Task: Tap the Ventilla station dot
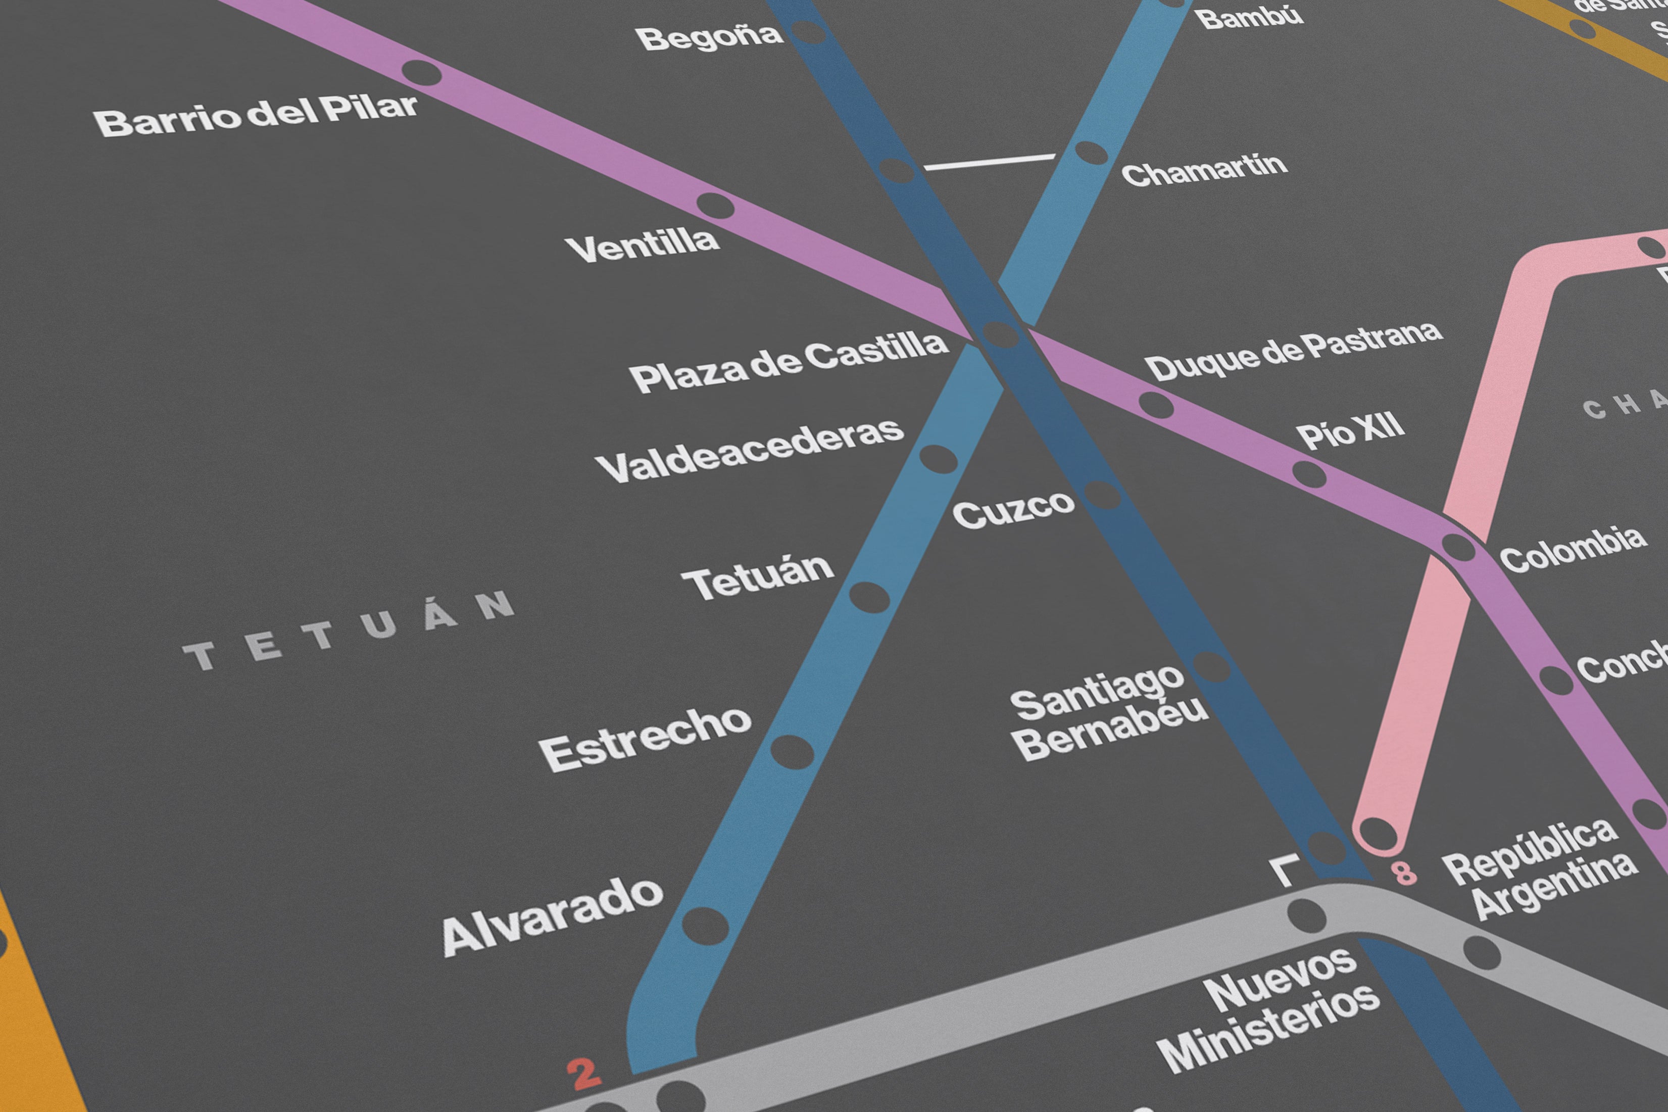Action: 715,206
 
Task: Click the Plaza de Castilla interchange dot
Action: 1000,333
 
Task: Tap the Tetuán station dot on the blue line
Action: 869,597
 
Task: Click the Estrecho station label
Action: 645,740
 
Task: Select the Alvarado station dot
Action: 705,926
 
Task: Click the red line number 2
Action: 584,1075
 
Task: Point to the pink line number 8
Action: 1404,873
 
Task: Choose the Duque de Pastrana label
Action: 1294,351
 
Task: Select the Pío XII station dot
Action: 1309,474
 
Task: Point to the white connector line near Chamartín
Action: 990,162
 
